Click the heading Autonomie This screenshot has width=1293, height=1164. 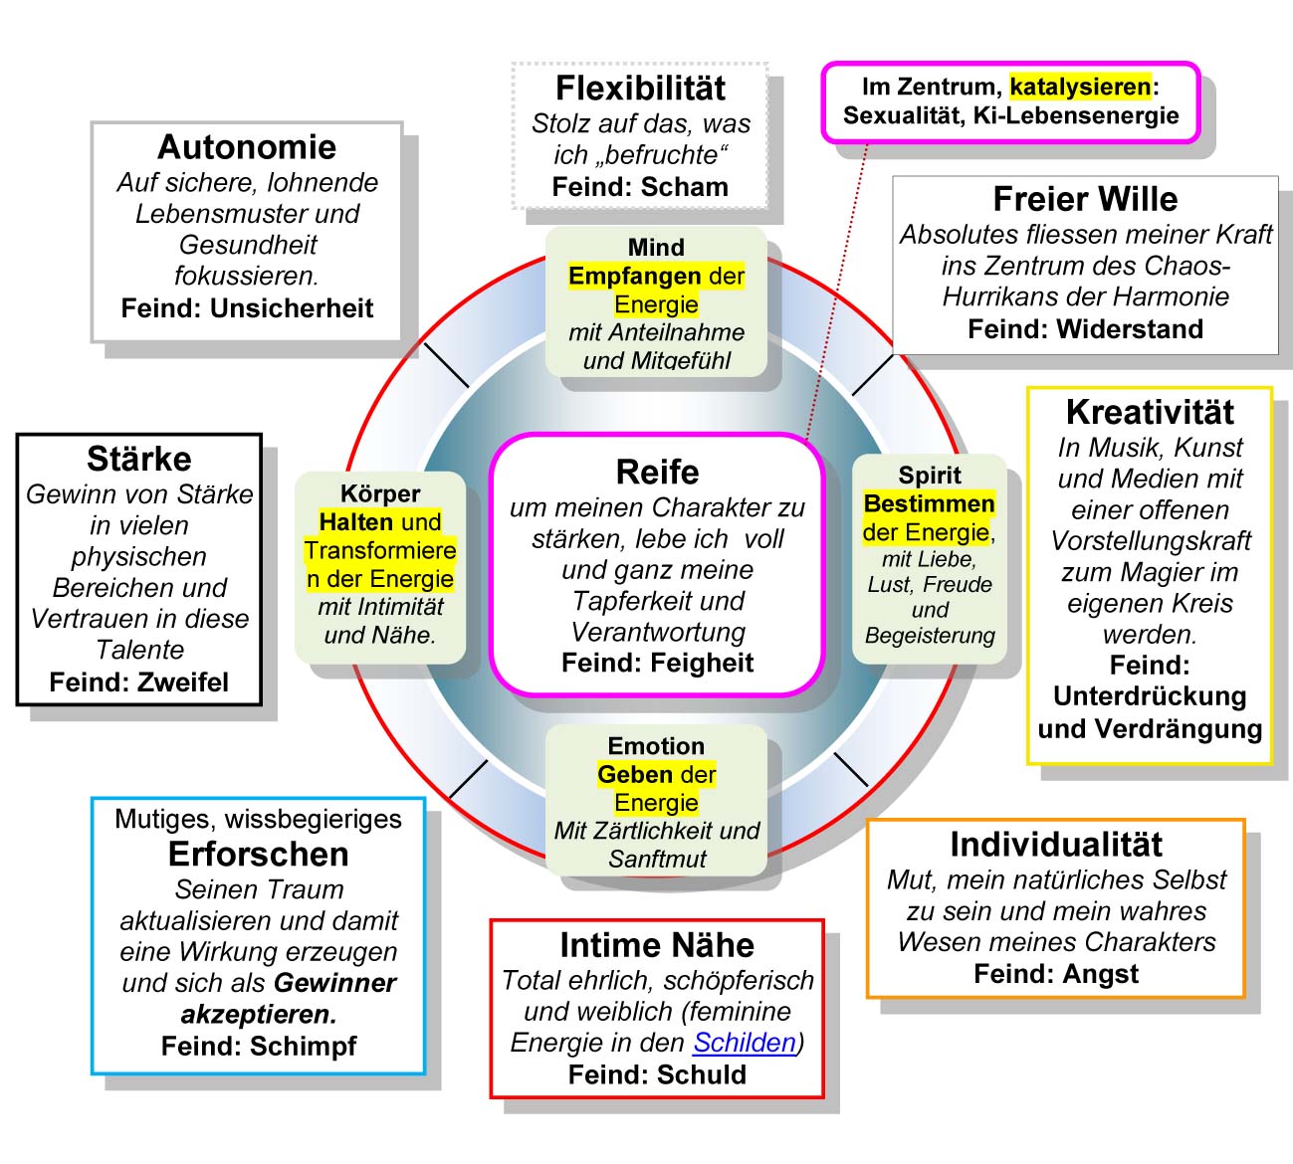[x=247, y=147]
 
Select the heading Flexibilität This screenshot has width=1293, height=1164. [x=640, y=89]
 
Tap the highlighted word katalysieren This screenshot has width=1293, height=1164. [x=1080, y=87]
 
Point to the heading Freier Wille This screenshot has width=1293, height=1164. [x=1085, y=199]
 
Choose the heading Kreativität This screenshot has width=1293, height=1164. [x=1150, y=412]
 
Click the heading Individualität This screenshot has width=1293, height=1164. [x=1056, y=845]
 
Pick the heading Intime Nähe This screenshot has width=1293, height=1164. [x=657, y=945]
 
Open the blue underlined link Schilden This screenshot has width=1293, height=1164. [x=745, y=1042]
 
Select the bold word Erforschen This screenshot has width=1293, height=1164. [x=258, y=854]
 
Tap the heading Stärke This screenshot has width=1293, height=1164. [x=138, y=459]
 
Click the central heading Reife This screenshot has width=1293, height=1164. [x=657, y=472]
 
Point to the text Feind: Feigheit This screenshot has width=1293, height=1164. [x=657, y=663]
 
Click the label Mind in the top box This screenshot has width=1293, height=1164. [x=656, y=247]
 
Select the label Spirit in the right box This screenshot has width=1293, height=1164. [x=930, y=475]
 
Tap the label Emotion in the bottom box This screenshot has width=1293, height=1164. [x=656, y=746]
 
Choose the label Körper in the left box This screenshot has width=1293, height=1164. [x=380, y=493]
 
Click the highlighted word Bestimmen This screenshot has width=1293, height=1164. [x=930, y=503]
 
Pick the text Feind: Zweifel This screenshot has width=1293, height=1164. [x=138, y=682]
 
